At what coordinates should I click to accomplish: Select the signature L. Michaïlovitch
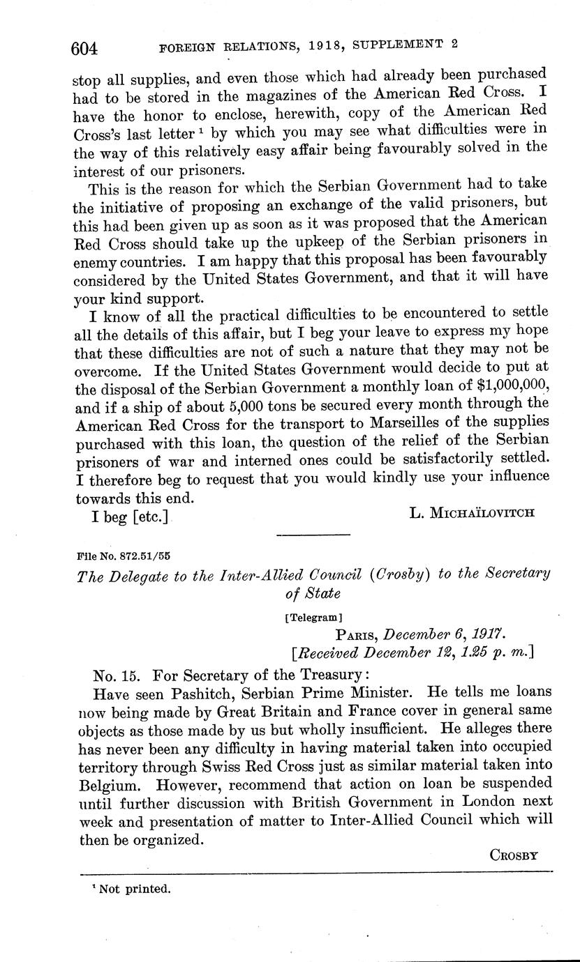coord(472,513)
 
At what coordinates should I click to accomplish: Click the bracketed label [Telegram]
coord(313,617)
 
